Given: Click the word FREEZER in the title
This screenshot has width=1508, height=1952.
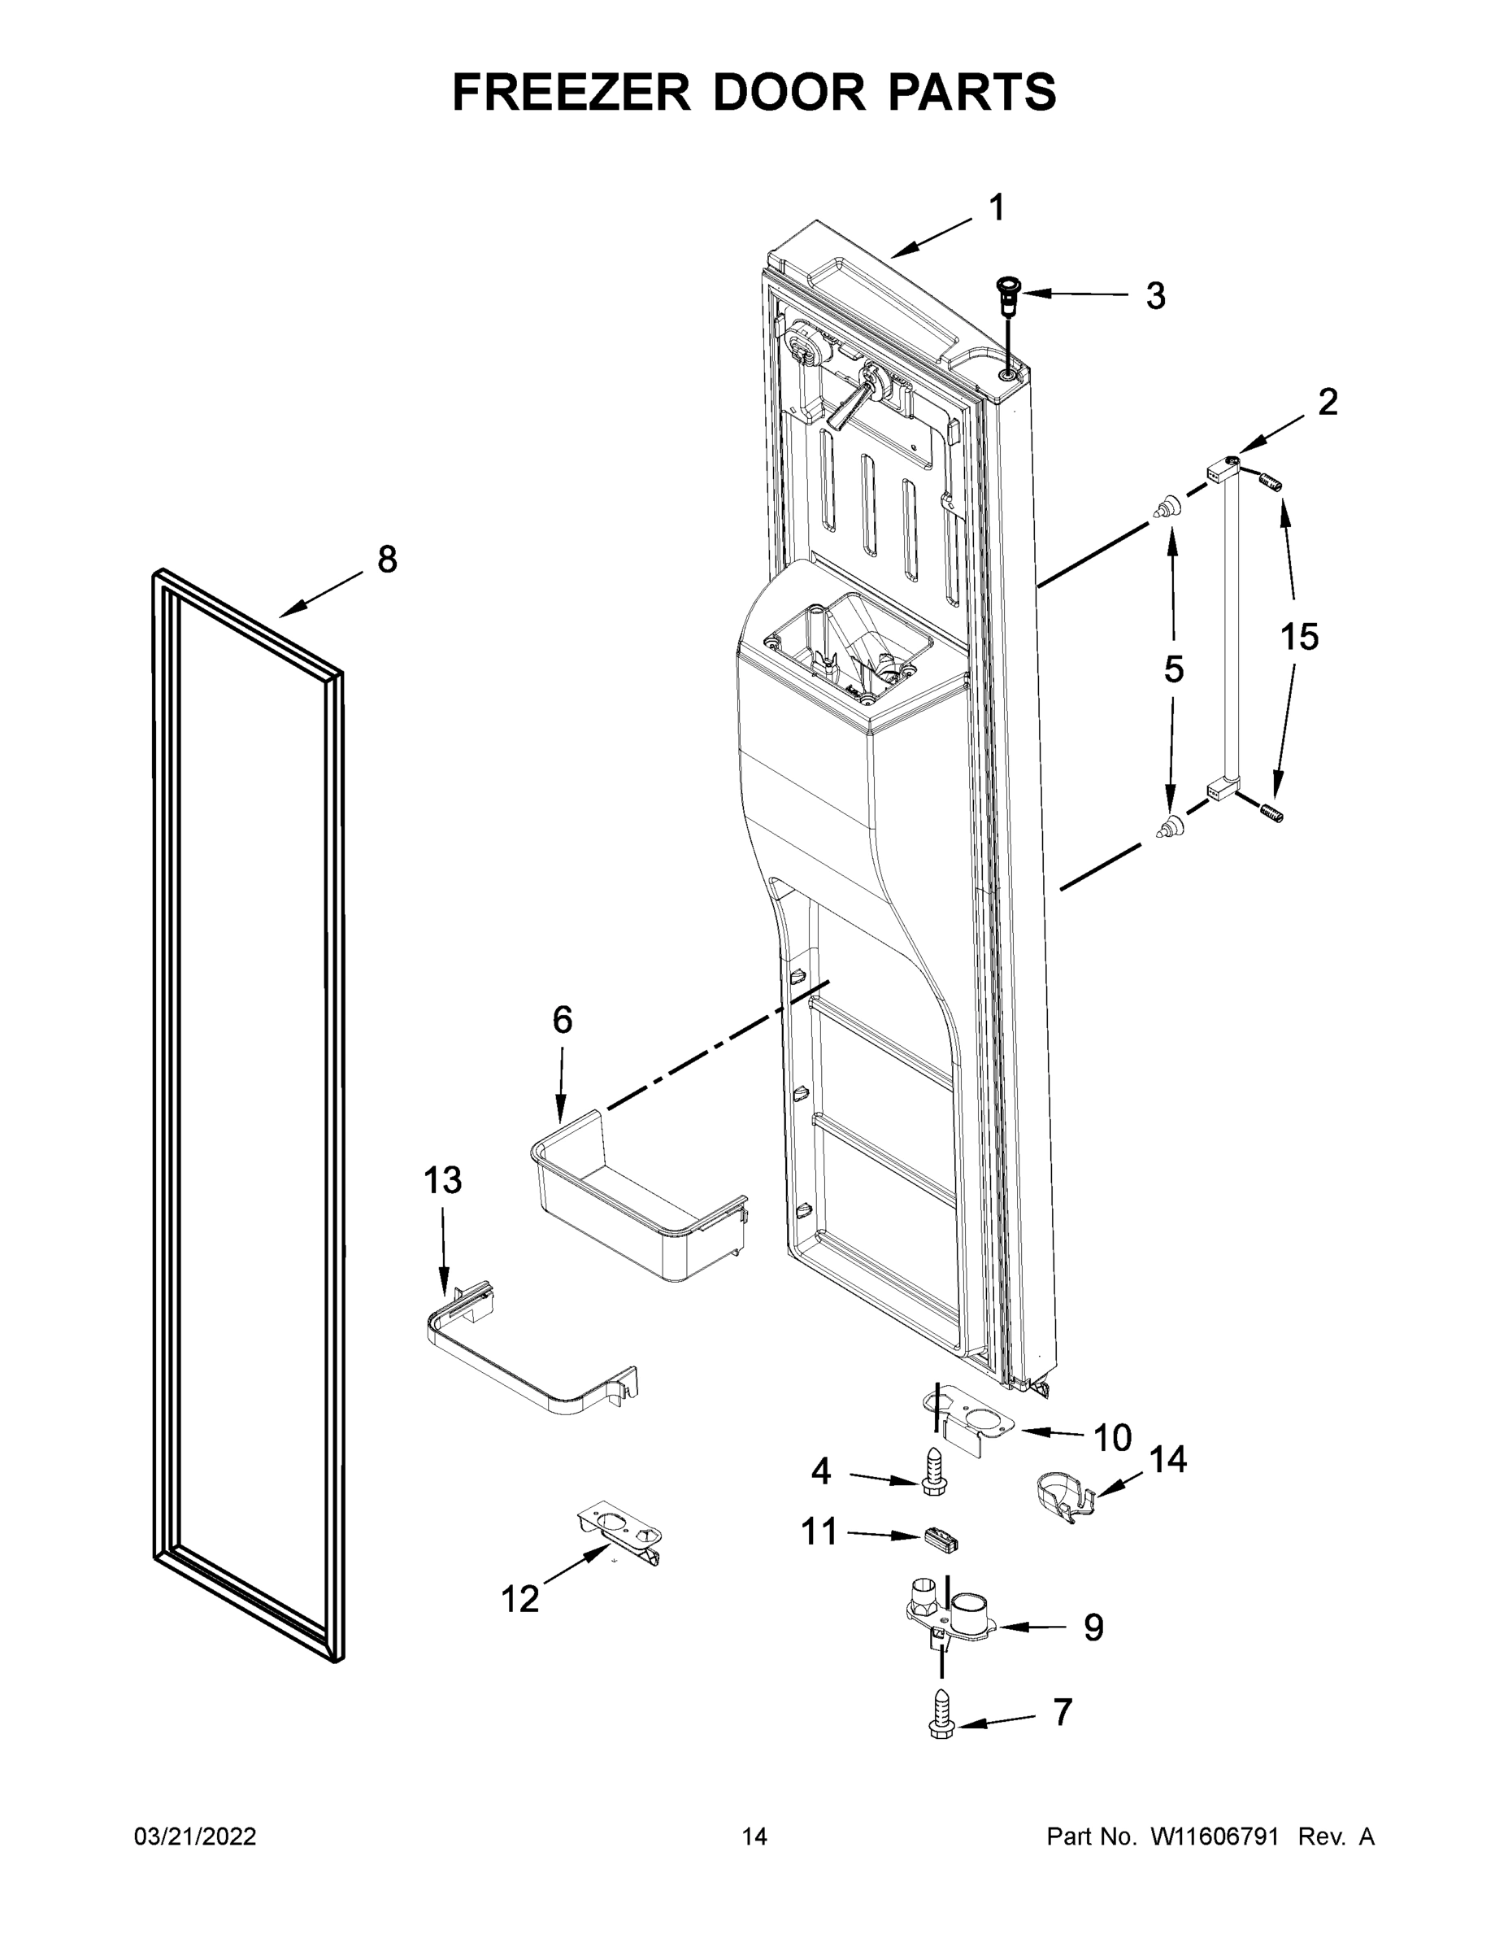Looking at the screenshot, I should click(x=571, y=92).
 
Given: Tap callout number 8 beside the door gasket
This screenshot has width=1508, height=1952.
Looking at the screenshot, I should click(x=386, y=560).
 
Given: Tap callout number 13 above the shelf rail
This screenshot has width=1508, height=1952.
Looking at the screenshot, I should click(x=442, y=1180).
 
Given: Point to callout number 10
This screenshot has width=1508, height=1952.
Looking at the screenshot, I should click(x=1112, y=1438).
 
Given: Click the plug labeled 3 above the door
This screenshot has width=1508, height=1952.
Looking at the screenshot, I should click(x=1010, y=293).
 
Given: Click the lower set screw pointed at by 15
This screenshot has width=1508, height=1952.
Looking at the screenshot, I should click(x=1271, y=813).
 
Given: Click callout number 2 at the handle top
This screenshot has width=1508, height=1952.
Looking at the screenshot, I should click(x=1328, y=403).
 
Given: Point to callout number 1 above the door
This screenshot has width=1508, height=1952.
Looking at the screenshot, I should click(x=997, y=208).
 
